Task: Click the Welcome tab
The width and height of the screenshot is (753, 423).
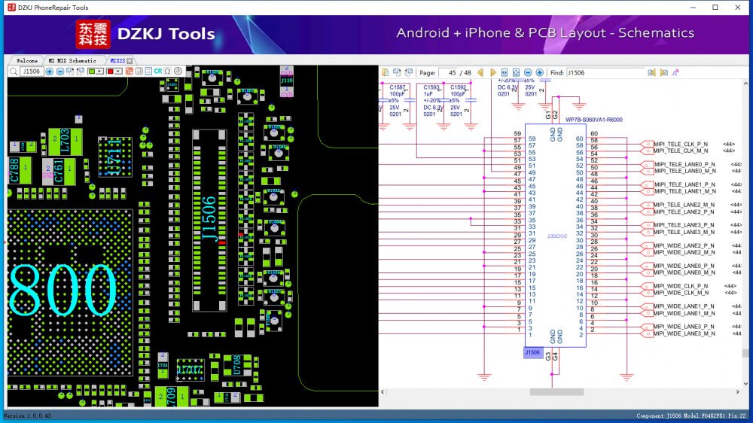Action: pyautogui.click(x=26, y=60)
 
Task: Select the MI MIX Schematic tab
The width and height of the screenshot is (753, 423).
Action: pyautogui.click(x=72, y=60)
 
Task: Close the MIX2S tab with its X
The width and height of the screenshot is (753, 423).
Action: pyautogui.click(x=130, y=60)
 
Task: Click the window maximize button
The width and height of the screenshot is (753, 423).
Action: pyautogui.click(x=715, y=8)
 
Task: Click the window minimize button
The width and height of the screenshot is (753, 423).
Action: pyautogui.click(x=693, y=8)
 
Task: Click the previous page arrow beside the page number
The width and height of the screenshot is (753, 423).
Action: pyautogui.click(x=480, y=72)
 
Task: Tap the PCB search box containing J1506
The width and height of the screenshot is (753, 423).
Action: pyautogui.click(x=31, y=71)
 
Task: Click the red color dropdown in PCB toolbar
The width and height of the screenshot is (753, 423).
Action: pyautogui.click(x=114, y=71)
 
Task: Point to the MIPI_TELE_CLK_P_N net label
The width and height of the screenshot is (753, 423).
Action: pyautogui.click(x=681, y=143)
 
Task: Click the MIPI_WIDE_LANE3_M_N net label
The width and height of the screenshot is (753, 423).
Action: pyautogui.click(x=684, y=333)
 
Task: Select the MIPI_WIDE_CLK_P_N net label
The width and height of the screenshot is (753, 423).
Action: pyautogui.click(x=681, y=286)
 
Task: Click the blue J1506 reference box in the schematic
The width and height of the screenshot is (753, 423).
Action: pyautogui.click(x=532, y=352)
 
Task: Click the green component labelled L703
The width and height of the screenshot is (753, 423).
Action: pyautogui.click(x=65, y=140)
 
